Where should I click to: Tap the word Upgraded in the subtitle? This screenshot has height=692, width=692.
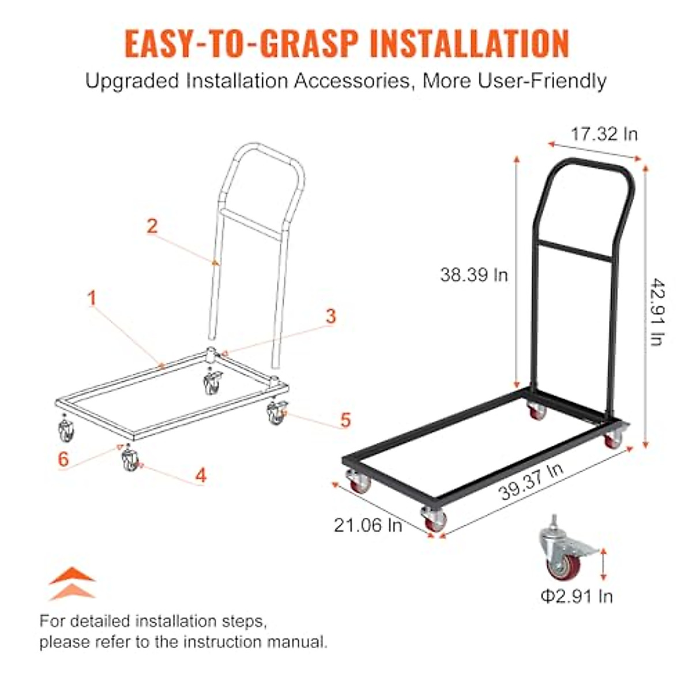click(x=133, y=81)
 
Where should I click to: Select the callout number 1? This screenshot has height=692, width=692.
click(x=91, y=298)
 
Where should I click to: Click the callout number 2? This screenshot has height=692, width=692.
click(x=152, y=225)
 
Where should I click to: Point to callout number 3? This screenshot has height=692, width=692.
click(x=330, y=315)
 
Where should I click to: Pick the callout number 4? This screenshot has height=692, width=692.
click(x=200, y=475)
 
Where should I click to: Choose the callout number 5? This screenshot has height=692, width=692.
click(x=345, y=419)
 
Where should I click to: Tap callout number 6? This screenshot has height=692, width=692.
click(x=63, y=459)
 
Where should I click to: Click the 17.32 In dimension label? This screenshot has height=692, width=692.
click(x=604, y=134)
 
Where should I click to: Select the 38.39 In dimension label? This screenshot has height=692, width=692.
click(x=474, y=274)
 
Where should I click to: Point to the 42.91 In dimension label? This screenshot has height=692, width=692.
click(x=656, y=311)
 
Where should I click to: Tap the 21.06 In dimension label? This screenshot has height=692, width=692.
click(x=368, y=525)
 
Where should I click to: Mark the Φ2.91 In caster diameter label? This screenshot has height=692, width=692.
click(x=576, y=596)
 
